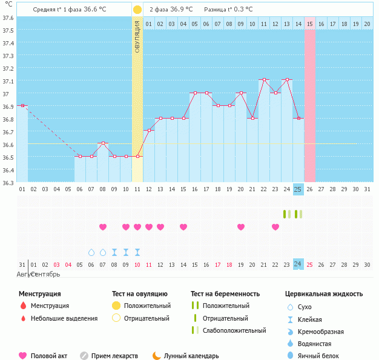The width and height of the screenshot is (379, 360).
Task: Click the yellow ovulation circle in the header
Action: coord(137,10)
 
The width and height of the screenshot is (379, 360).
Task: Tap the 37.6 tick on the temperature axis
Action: coord(8,18)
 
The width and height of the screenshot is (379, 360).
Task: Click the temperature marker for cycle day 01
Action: coord(22,106)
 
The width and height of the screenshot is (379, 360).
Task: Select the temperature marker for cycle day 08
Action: coord(103,143)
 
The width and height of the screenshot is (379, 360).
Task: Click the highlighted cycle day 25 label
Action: coord(298,189)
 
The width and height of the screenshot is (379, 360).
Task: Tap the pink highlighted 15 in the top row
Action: coord(310,24)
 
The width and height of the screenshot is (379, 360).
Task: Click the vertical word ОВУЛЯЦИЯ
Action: coord(137,36)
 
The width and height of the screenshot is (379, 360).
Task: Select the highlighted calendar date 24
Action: coord(298,264)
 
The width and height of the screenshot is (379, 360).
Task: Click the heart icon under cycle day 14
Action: coord(183,227)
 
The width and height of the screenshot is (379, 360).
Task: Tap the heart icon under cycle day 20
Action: coord(241,227)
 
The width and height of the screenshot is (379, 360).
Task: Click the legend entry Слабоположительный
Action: coord(234,330)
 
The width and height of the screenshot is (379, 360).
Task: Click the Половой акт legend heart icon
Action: coord(23,356)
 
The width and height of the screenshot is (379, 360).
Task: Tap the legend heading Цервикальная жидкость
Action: coord(324,293)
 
